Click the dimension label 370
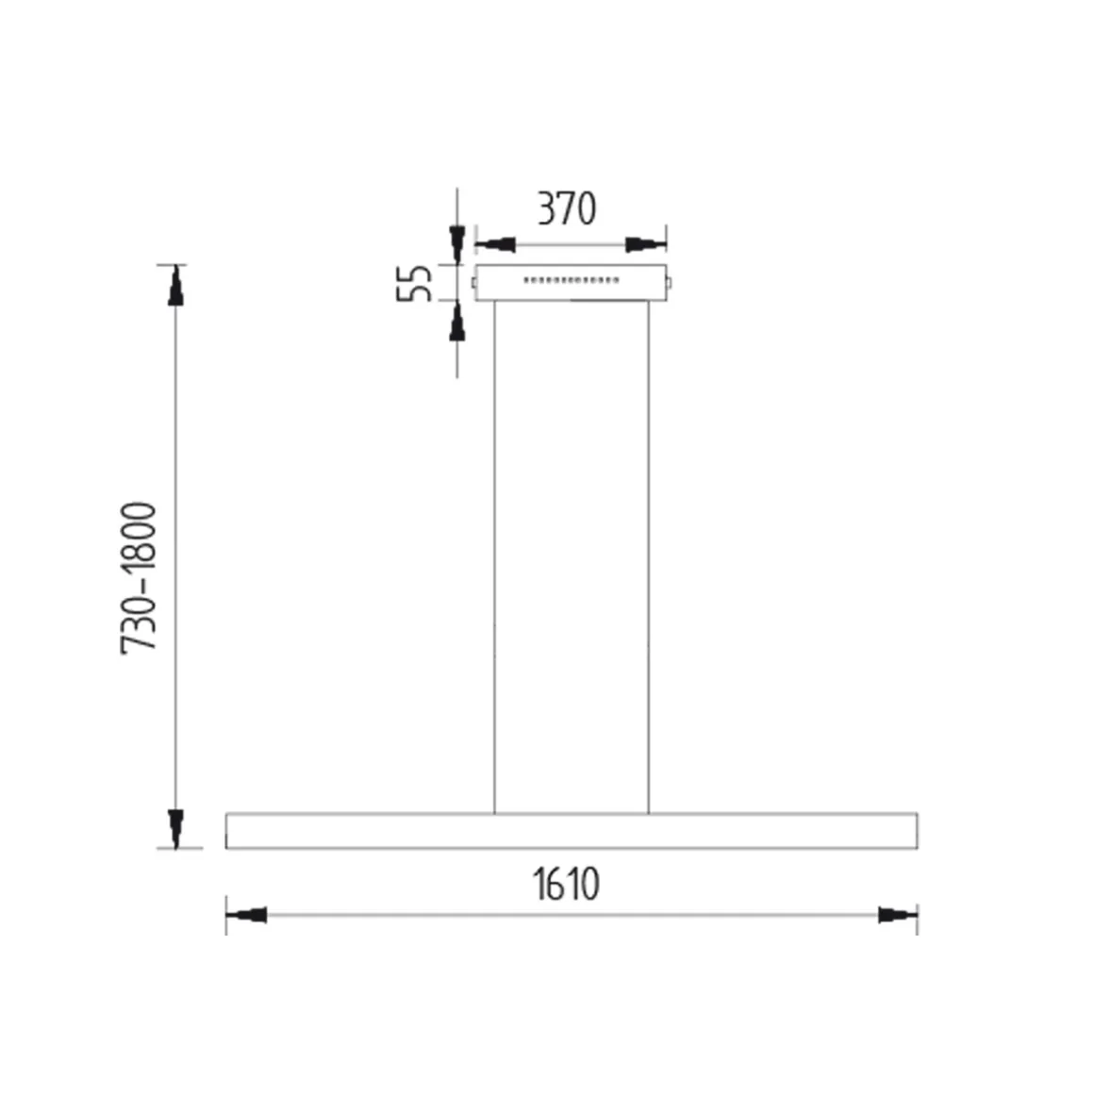click(567, 208)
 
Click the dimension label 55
click(414, 283)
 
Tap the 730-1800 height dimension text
click(139, 578)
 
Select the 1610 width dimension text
click(566, 885)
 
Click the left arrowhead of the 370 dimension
click(495, 245)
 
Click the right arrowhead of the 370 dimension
click(646, 245)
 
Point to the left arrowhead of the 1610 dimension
click(247, 915)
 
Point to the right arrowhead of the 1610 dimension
click(897, 915)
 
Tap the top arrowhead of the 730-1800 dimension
click(175, 287)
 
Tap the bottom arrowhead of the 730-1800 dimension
click(175, 827)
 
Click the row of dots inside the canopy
click(572, 280)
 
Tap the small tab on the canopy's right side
click(671, 281)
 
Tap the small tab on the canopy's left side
click(472, 281)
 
